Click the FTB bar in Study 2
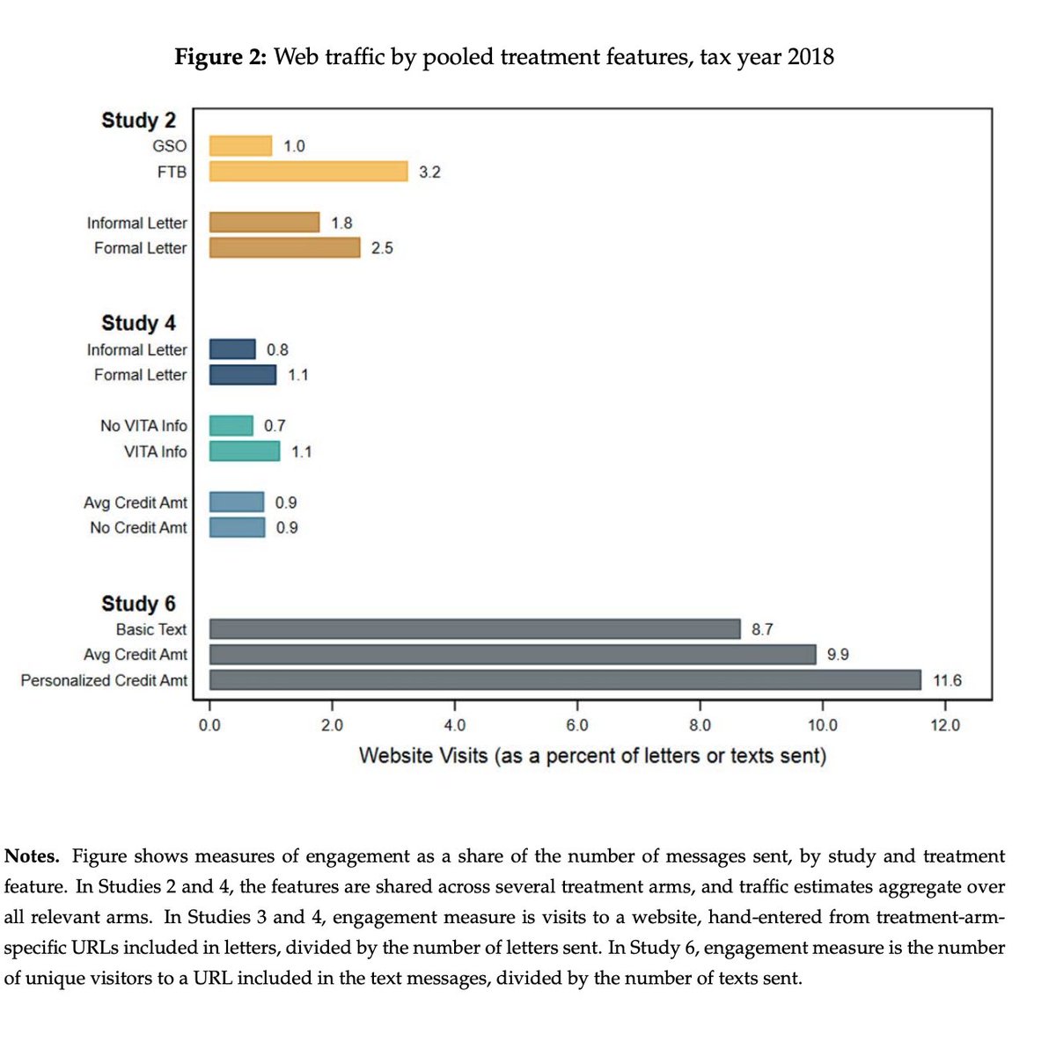coord(308,172)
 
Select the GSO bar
coord(240,146)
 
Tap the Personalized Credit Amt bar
coord(565,680)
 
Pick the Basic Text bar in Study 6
coord(475,629)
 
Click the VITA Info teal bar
coord(245,451)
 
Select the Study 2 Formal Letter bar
coord(284,248)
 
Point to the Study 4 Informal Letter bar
coord(232,349)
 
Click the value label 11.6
coord(947,680)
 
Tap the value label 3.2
coord(429,172)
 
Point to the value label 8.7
coord(762,629)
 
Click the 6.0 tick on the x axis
coord(577,725)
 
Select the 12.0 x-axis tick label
coord(945,725)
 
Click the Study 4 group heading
coord(138,323)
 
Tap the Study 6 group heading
coord(138,604)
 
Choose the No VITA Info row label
coord(143,426)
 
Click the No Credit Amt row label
coord(138,528)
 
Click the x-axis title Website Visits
coord(592,756)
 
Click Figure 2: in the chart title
coord(220,57)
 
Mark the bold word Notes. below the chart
coord(33,856)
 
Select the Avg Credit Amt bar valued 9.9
coord(513,655)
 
